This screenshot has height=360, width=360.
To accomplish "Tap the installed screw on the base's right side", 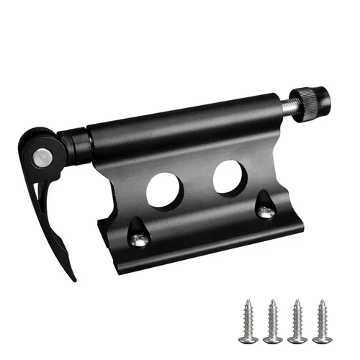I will tap(266, 212).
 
